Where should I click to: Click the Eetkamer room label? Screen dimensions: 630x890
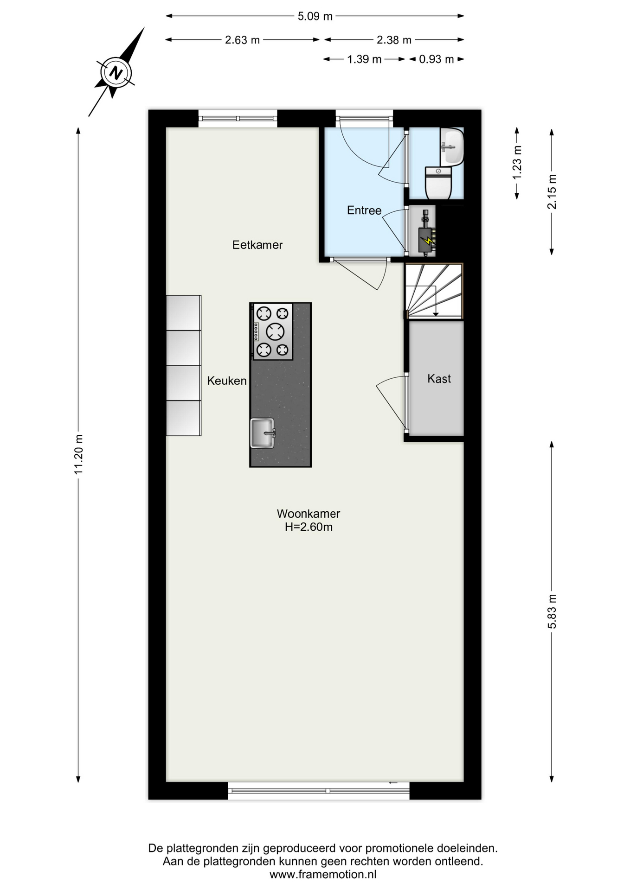(x=257, y=245)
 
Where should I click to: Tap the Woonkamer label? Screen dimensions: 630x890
(x=309, y=514)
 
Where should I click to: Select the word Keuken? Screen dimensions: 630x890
(x=227, y=381)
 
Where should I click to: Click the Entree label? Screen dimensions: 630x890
(x=364, y=210)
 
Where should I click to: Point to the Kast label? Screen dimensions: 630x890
(x=439, y=379)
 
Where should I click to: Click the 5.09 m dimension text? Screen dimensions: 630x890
(x=315, y=16)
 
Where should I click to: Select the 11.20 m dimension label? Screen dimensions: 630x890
(x=78, y=454)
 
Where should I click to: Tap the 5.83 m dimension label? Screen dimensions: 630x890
(x=552, y=611)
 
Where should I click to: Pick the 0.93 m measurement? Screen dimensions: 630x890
(x=436, y=59)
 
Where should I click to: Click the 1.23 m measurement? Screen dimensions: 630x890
(x=517, y=163)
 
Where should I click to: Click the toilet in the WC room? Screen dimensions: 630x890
(x=438, y=183)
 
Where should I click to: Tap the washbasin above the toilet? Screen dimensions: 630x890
(x=451, y=146)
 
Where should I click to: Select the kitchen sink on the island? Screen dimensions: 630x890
(x=263, y=433)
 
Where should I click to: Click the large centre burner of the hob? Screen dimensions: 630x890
(x=275, y=331)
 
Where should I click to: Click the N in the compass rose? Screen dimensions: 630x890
(x=116, y=73)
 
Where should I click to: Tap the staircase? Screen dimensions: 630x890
(x=434, y=291)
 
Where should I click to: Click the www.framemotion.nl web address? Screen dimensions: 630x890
(x=323, y=875)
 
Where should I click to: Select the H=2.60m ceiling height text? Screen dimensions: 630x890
(x=309, y=527)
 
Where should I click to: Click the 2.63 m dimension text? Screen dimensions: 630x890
(x=242, y=40)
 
